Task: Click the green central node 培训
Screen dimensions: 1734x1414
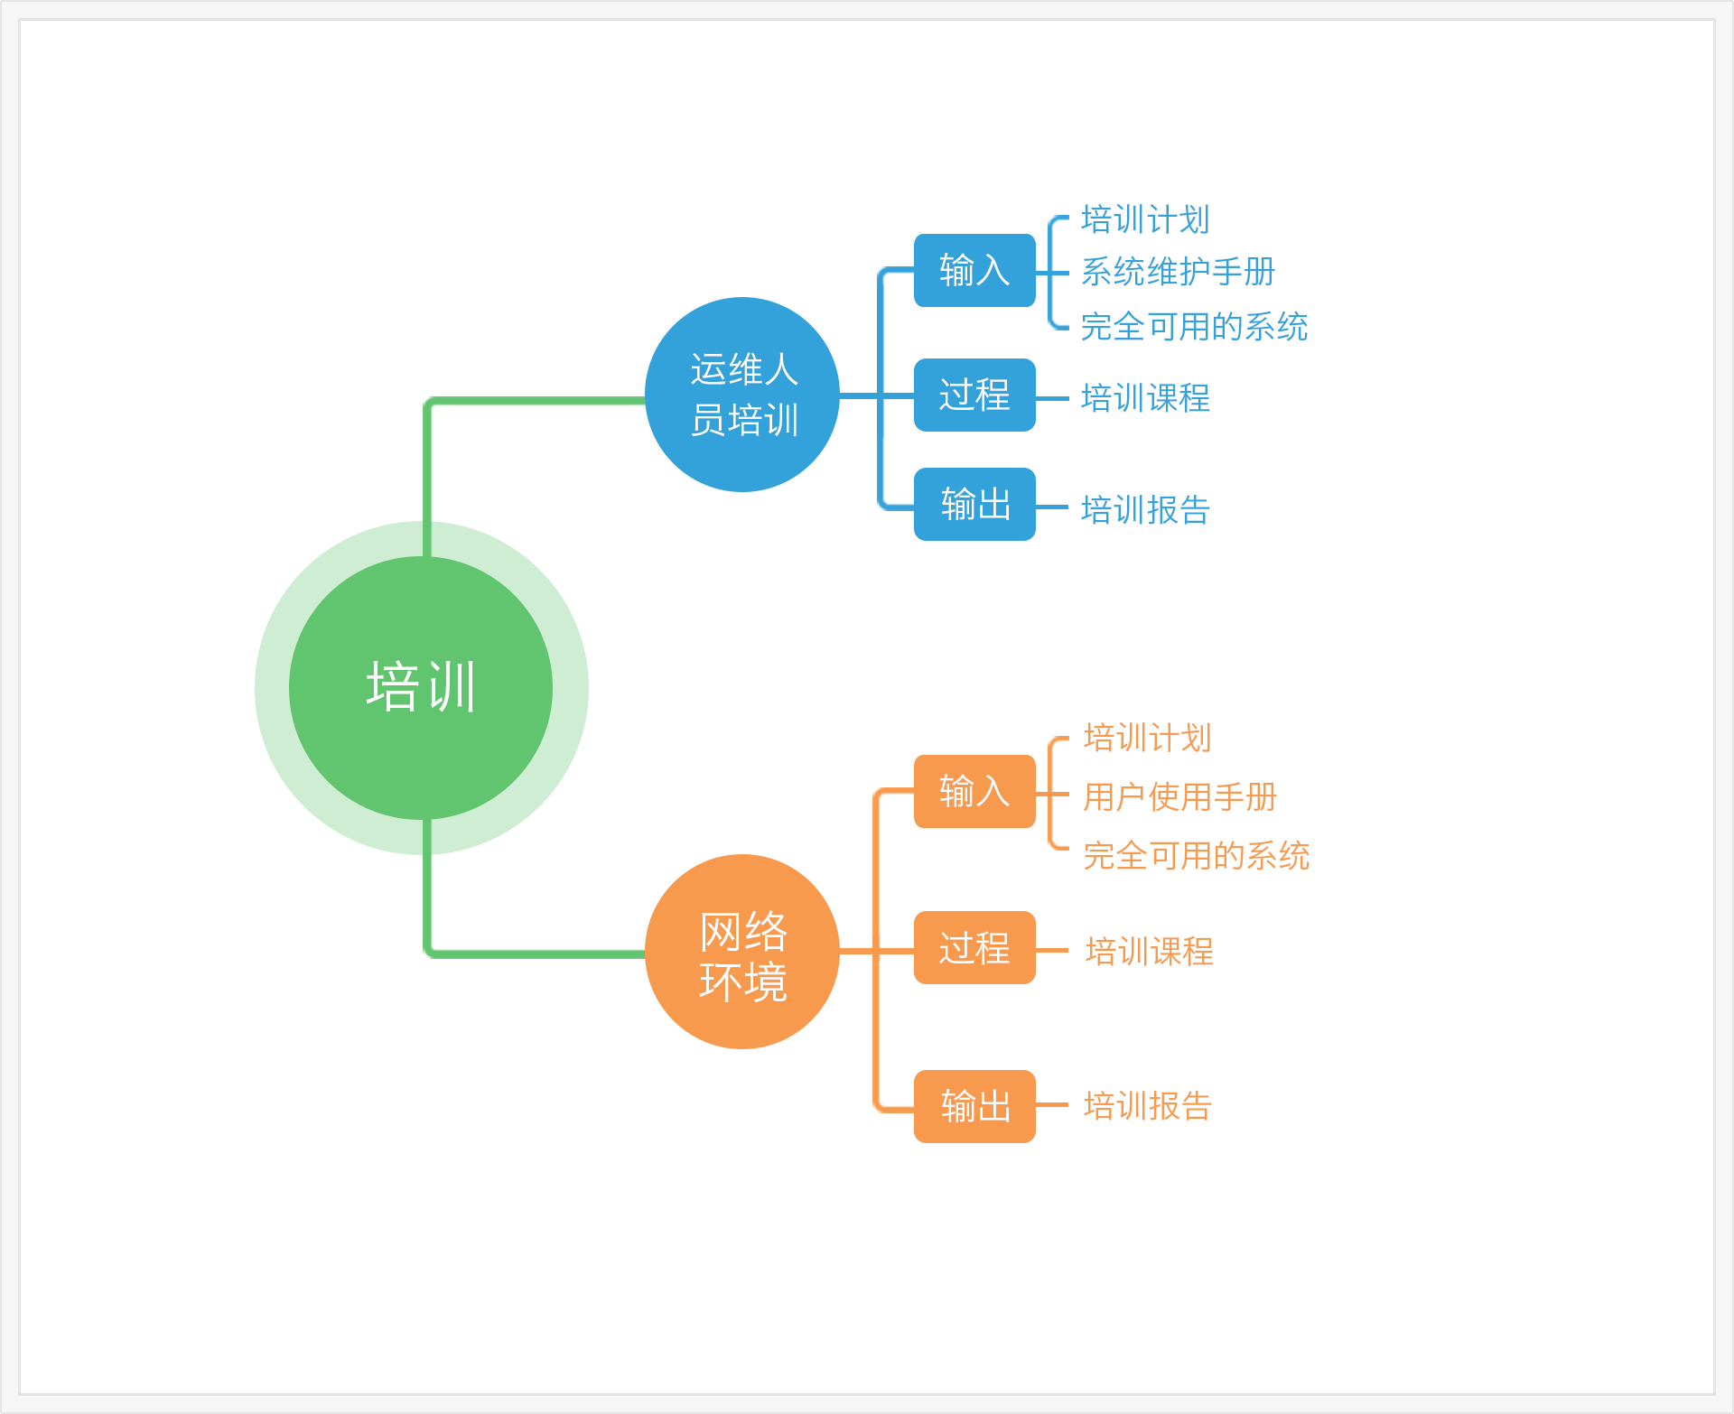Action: tap(421, 688)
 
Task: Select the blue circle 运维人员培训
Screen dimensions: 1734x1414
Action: tap(742, 395)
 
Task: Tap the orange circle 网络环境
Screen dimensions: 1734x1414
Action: tap(742, 952)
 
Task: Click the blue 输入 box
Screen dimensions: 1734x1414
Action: tap(974, 271)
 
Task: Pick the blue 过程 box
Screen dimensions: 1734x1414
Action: tap(974, 395)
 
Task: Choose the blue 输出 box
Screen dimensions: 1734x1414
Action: tap(974, 505)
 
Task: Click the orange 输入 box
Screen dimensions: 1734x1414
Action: tap(974, 792)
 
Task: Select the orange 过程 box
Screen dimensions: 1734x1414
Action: tap(974, 948)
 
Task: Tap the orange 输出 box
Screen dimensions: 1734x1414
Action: tap(974, 1107)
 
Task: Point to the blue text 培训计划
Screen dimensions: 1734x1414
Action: tap(1145, 219)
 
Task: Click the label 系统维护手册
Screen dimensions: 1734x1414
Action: tap(1178, 272)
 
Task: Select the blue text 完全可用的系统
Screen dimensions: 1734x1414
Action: tap(1194, 327)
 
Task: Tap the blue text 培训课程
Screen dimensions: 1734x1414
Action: tap(1145, 398)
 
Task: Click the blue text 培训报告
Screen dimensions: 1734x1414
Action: tap(1145, 510)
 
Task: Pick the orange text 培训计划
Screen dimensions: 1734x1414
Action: tap(1147, 738)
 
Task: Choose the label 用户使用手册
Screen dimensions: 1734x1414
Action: tap(1179, 797)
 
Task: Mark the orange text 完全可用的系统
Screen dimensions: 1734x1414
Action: tap(1196, 856)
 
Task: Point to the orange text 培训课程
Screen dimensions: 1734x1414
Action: tap(1149, 952)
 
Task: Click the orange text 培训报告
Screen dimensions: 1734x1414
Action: tap(1147, 1106)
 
